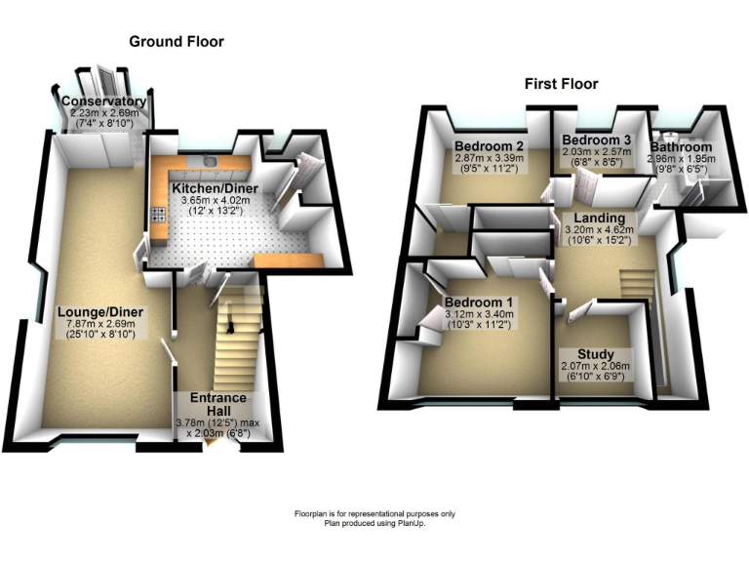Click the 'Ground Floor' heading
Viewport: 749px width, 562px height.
[177, 42]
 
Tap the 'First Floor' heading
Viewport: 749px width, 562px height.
[561, 84]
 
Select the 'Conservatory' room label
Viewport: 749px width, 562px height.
[103, 101]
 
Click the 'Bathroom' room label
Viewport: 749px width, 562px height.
[683, 147]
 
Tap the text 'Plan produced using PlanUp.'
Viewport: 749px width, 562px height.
[374, 523]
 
